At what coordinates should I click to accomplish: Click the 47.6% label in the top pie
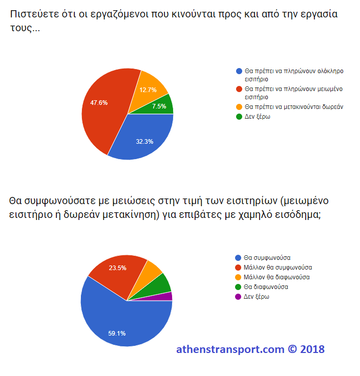click(x=99, y=102)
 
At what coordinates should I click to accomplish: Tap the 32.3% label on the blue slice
click(x=144, y=142)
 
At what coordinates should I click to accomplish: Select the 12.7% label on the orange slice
click(x=147, y=90)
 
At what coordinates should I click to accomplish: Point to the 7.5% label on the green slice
click(x=159, y=106)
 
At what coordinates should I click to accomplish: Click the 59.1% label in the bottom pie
click(x=116, y=334)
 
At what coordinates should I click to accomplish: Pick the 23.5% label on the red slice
click(x=118, y=268)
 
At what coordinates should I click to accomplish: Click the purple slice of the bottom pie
click(x=168, y=296)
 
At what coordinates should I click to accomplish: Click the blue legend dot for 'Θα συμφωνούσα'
click(x=238, y=258)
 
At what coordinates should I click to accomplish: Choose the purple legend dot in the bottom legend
click(x=238, y=297)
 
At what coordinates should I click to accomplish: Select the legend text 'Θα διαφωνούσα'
click(x=266, y=287)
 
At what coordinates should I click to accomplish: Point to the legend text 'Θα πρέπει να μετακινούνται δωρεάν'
click(x=293, y=107)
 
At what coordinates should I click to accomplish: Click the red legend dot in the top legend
click(x=238, y=89)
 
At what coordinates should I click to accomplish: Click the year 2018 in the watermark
click(x=312, y=349)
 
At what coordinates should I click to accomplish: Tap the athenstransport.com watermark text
click(x=230, y=349)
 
